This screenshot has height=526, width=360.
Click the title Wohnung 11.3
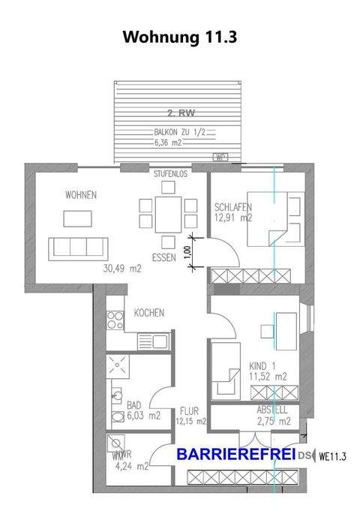point(179,37)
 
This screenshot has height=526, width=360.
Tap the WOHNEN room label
point(80,195)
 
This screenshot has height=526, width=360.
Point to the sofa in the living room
point(76,247)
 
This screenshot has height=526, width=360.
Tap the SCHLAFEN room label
point(232,208)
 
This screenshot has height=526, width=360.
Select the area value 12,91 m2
point(231,218)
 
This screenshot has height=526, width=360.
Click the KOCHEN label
point(148,313)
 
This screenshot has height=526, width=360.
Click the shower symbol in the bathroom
point(116,365)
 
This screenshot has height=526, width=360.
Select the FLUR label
point(188,411)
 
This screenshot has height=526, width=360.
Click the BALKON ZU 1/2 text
point(174,132)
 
